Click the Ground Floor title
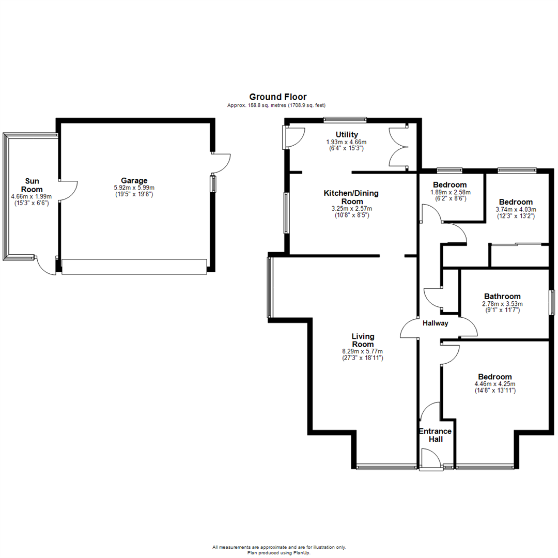coord(277,97)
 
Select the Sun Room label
coord(31,185)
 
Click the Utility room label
coord(347,135)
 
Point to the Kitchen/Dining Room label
coord(351,197)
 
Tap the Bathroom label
coord(502,296)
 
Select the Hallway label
coord(436,323)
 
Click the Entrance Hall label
coord(435,435)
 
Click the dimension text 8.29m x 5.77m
coord(362,351)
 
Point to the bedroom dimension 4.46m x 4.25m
coord(494,384)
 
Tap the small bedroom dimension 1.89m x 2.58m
coord(450,192)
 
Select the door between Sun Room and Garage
coord(67,191)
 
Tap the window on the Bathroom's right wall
coord(552,302)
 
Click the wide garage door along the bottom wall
coord(134,266)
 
